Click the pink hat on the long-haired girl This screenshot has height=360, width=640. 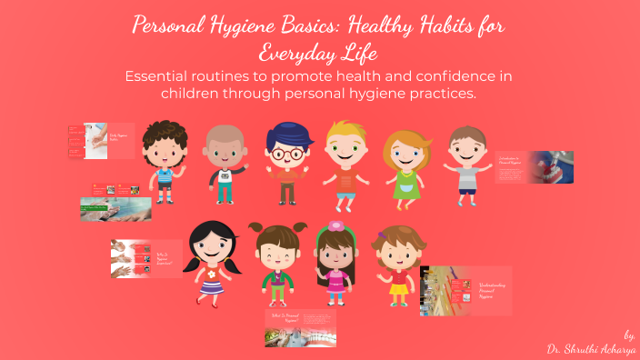coord(336,226)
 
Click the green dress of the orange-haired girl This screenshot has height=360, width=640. coord(405,186)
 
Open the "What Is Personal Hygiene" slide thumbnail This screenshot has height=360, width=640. coord(300,327)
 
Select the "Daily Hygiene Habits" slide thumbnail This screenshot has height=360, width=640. coord(101,142)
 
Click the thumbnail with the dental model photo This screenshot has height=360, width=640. coord(534,167)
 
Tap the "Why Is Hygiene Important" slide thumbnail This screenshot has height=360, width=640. coord(145,258)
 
